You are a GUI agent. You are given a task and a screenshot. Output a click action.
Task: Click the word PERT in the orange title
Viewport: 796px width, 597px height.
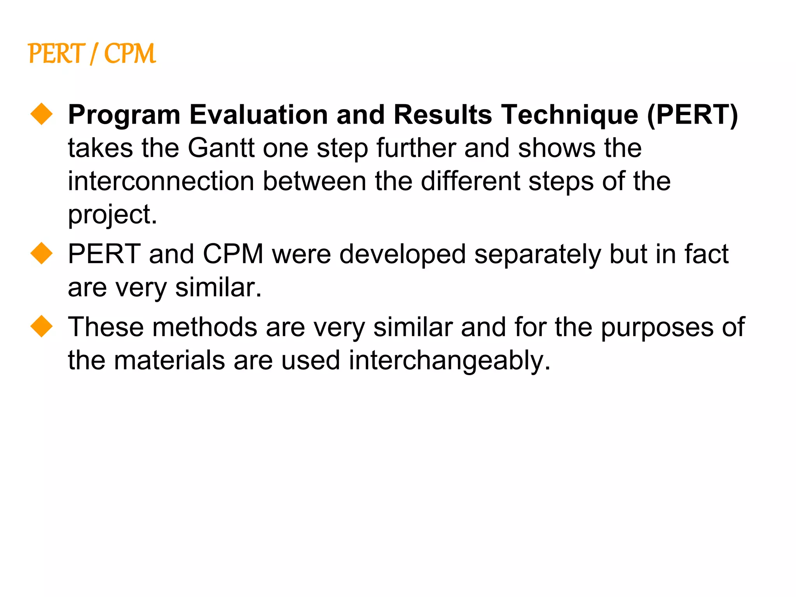click(56, 54)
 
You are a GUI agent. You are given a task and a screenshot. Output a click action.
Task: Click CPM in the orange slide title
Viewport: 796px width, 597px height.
click(130, 54)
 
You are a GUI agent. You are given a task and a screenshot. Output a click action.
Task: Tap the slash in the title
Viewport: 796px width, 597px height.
click(94, 54)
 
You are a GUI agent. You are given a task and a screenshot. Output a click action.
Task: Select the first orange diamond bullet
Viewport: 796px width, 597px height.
click(42, 114)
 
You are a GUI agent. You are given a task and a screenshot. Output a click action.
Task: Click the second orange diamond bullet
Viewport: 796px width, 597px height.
click(42, 253)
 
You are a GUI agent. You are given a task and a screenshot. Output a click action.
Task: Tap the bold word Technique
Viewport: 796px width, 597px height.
click(569, 115)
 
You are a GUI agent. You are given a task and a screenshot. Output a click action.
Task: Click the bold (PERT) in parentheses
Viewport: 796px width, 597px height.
click(693, 115)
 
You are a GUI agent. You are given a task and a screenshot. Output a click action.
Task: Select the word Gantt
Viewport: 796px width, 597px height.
click(221, 148)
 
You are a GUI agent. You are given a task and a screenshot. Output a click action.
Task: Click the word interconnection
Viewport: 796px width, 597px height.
click(161, 182)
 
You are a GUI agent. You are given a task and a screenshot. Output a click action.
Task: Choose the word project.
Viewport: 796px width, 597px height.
click(112, 215)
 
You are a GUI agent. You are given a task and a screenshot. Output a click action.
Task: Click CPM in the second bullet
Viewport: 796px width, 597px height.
click(233, 254)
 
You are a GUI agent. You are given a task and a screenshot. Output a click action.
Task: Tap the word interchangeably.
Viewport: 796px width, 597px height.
click(450, 361)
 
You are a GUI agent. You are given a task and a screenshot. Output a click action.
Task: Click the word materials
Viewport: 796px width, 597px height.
click(169, 361)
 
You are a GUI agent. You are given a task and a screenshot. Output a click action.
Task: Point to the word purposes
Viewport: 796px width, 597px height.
click(657, 327)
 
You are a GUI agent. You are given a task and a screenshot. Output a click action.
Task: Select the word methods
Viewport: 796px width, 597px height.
click(205, 327)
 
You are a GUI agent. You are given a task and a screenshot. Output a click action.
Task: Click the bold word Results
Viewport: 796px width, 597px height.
click(443, 115)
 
